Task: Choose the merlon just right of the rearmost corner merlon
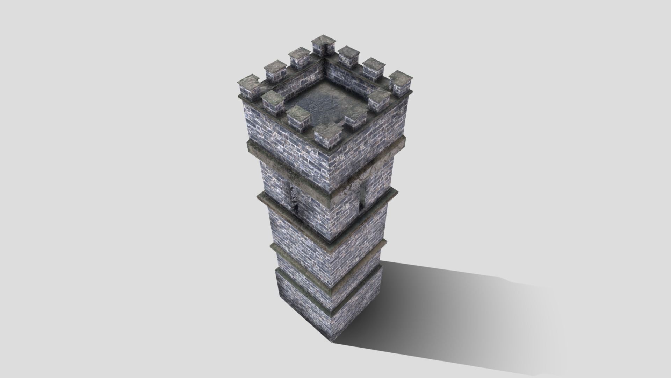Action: click(x=349, y=56)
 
